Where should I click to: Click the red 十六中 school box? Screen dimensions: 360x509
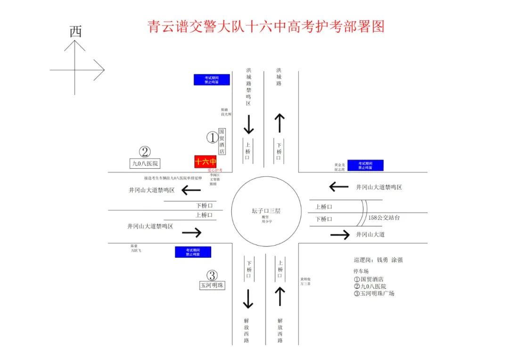(x=205, y=162)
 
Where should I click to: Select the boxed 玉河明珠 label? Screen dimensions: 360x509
(x=212, y=285)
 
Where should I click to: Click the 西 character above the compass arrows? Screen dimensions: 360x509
(x=75, y=32)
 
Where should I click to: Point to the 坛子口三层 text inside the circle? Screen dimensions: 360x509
(x=267, y=211)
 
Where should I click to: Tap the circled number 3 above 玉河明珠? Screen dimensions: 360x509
(x=212, y=276)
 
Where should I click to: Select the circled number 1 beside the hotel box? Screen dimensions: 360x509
(x=212, y=138)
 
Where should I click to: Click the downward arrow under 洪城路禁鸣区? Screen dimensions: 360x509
(x=248, y=124)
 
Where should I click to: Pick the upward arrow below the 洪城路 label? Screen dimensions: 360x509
(x=279, y=123)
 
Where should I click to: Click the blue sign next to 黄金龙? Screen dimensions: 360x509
(x=365, y=165)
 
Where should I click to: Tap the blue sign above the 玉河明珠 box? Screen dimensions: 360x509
(x=193, y=252)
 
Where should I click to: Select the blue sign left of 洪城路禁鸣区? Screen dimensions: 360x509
(x=212, y=80)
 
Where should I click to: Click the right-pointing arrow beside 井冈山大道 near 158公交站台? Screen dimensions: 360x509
(x=340, y=235)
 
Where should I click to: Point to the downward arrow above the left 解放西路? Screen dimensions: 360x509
(x=248, y=299)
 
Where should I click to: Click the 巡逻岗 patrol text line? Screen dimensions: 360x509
(x=378, y=260)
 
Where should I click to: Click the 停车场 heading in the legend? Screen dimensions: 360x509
(x=361, y=271)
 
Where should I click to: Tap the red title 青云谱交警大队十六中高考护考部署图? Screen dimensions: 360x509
(x=266, y=26)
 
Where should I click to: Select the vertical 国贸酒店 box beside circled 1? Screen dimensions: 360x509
(x=222, y=142)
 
